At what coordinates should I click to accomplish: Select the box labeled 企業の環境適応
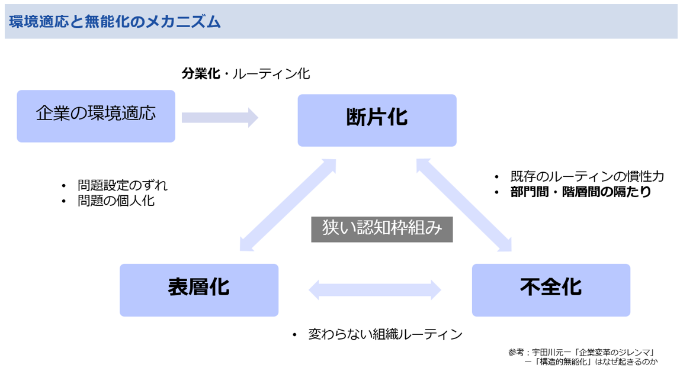[x=96, y=116]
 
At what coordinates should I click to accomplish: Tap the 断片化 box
[x=377, y=120]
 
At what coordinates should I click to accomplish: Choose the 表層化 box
[x=199, y=290]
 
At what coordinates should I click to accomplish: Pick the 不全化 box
[x=551, y=290]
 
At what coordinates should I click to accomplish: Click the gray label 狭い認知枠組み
[x=382, y=229]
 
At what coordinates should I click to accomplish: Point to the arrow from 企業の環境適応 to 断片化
[x=220, y=118]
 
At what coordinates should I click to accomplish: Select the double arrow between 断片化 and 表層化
[x=288, y=205]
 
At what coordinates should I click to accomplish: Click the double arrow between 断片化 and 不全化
[x=464, y=205]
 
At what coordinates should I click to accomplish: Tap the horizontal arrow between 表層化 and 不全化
[x=375, y=290]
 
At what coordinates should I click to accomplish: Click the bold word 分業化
[x=201, y=74]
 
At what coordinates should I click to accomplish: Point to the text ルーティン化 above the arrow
[x=271, y=74]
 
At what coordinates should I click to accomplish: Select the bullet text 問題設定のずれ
[x=122, y=186]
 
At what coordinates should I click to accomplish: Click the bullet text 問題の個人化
[x=116, y=201]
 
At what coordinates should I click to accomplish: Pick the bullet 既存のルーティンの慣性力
[x=587, y=176]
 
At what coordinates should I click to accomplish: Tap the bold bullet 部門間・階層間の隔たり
[x=581, y=192]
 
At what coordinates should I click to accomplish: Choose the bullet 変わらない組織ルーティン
[x=386, y=334]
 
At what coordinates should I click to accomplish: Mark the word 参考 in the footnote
[x=516, y=353]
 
